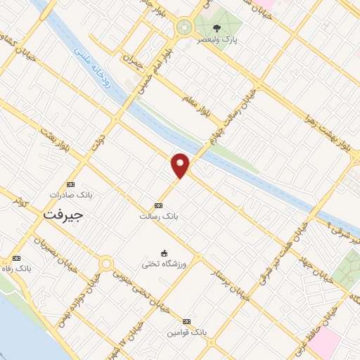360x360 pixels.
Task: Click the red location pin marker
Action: [x=181, y=165]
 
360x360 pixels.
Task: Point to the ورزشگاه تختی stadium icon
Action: [x=165, y=253]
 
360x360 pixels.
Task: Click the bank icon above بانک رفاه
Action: [x=17, y=258]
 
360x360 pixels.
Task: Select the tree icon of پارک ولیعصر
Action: [x=217, y=28]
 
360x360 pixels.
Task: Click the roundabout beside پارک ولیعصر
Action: [x=185, y=27]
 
